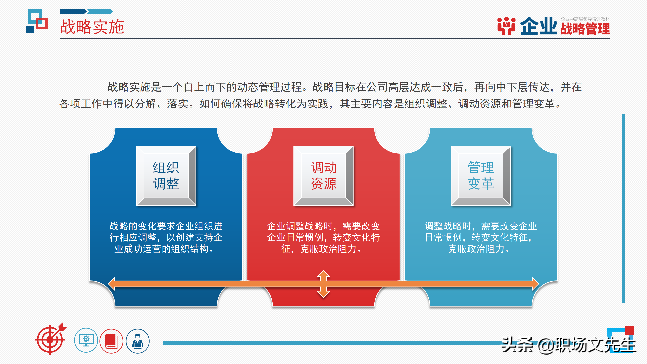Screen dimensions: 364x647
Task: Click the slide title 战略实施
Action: pyautogui.click(x=92, y=27)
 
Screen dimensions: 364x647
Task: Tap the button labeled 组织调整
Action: pyautogui.click(x=166, y=175)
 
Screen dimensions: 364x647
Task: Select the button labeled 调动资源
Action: pyautogui.click(x=323, y=175)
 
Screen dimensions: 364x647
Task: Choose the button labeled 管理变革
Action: pyautogui.click(x=481, y=175)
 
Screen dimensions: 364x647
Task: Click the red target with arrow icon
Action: pyautogui.click(x=51, y=339)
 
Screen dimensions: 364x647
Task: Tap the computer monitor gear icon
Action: pyautogui.click(x=86, y=340)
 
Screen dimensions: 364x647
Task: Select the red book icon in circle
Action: pyautogui.click(x=111, y=341)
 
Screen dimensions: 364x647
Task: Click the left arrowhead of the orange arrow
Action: pyautogui.click(x=111, y=284)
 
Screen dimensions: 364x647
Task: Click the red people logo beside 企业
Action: pyautogui.click(x=506, y=26)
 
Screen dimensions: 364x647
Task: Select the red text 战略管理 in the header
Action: pyautogui.click(x=585, y=29)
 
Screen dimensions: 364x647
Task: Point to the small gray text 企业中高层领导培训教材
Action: pyautogui.click(x=585, y=19)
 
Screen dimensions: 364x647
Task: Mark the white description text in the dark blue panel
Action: pyautogui.click(x=166, y=237)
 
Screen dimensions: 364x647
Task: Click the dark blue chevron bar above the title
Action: pyautogui.click(x=73, y=11)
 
